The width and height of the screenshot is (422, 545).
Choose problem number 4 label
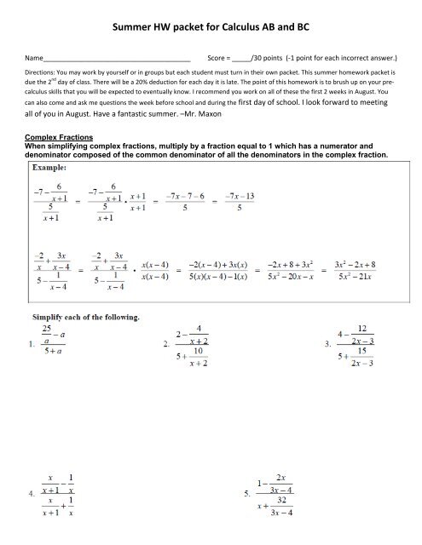pos(32,492)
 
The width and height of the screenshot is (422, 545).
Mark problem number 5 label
pos(223,492)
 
